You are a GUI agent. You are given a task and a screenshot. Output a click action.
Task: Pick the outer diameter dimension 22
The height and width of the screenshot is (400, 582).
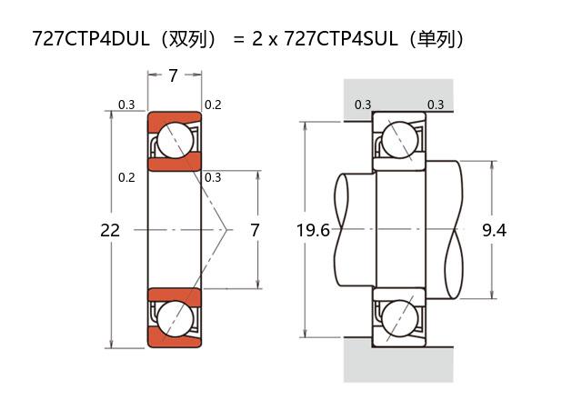(110, 230)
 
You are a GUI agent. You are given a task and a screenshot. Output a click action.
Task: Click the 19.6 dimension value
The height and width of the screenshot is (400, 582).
(313, 230)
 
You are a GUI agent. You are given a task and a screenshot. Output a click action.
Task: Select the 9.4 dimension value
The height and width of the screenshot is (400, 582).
(494, 230)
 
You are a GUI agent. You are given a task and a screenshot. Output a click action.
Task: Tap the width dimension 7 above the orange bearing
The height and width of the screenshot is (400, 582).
(173, 76)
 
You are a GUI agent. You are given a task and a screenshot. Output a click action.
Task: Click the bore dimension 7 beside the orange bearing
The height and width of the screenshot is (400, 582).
(255, 230)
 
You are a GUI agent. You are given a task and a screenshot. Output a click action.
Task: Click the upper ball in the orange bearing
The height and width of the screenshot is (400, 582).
(174, 141)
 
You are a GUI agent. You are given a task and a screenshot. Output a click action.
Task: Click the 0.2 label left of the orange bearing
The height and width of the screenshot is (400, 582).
(126, 177)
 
